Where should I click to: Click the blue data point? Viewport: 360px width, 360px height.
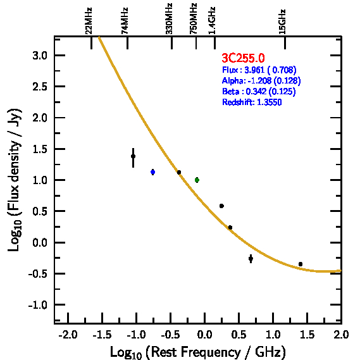[152, 172]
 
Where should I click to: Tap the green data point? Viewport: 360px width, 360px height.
[197, 180]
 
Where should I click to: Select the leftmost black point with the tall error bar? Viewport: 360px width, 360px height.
[133, 156]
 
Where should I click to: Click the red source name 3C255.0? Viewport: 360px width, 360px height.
[243, 58]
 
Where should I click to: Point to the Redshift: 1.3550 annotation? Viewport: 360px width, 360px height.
[252, 102]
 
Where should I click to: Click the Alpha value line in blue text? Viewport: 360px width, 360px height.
[261, 80]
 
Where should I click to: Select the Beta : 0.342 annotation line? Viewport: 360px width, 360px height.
[259, 91]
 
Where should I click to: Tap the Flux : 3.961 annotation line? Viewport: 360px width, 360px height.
[259, 70]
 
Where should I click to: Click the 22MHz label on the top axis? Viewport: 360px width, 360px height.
[89, 21]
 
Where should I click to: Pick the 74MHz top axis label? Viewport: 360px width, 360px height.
[125, 21]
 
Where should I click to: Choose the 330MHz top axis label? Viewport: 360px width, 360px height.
[169, 18]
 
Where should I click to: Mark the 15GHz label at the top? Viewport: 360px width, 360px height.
[282, 22]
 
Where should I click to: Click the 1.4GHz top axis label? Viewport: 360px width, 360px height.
[212, 20]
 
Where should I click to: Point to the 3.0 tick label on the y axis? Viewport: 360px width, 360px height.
[40, 56]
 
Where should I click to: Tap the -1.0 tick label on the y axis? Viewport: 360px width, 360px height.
[38, 305]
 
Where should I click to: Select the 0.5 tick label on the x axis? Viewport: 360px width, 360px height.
[239, 335]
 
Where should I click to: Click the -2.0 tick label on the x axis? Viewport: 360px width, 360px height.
[68, 335]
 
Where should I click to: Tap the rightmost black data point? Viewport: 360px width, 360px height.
[301, 264]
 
